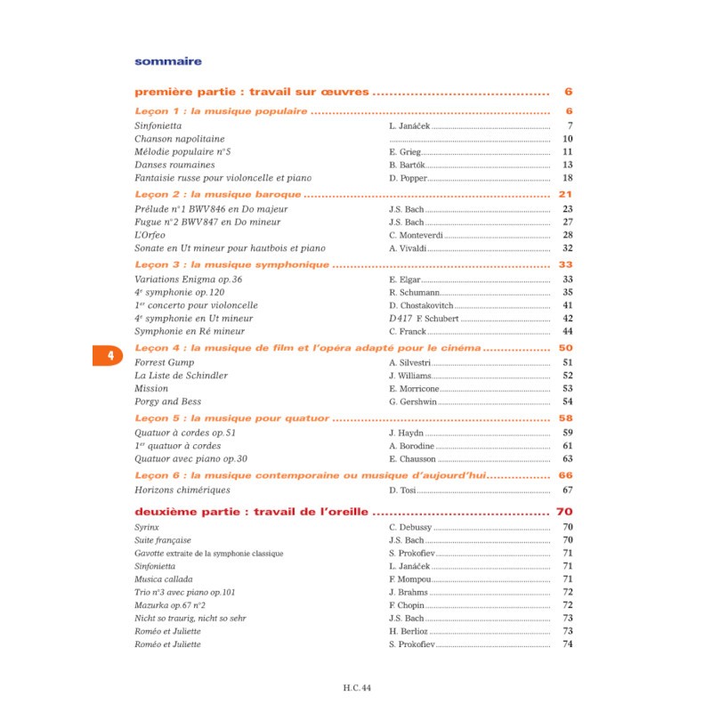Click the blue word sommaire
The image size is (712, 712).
pyautogui.click(x=167, y=61)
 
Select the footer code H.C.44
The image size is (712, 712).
pyautogui.click(x=355, y=686)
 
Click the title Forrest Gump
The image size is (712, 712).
pyautogui.click(x=164, y=363)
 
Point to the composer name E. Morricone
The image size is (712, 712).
pyautogui.click(x=415, y=389)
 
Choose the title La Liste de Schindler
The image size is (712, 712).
pyautogui.click(x=181, y=376)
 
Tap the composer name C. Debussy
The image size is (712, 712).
pyautogui.click(x=410, y=528)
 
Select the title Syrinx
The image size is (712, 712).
pyautogui.click(x=147, y=528)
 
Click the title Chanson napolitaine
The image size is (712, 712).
pyautogui.click(x=179, y=139)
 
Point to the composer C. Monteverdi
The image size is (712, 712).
pyautogui.click(x=417, y=235)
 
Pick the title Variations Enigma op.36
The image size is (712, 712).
pyautogui.click(x=188, y=279)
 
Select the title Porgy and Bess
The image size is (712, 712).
pyautogui.click(x=169, y=402)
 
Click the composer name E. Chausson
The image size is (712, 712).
pyautogui.click(x=412, y=459)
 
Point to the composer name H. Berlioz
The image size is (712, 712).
pyautogui.click(x=409, y=631)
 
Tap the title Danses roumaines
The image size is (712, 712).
pyautogui.click(x=174, y=165)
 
